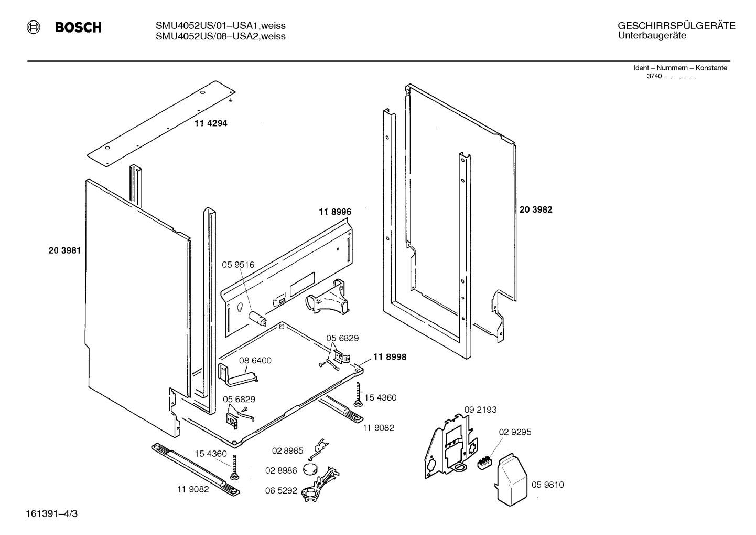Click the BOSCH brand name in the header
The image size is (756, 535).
[x=78, y=28]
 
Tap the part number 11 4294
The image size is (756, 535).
[x=211, y=123]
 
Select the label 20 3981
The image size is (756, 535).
[x=64, y=251]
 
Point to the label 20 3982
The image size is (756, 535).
[x=536, y=209]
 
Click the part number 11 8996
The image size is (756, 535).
[x=334, y=212]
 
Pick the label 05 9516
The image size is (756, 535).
[x=237, y=265]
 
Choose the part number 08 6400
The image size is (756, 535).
[x=255, y=361]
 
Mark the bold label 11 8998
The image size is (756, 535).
[x=390, y=357]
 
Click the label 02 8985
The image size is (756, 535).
[x=287, y=451]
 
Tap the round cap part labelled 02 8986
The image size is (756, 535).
[x=311, y=469]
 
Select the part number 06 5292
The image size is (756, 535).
[x=281, y=490]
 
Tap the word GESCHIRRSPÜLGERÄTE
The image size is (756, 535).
[x=676, y=26]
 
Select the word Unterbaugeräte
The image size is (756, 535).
[x=652, y=36]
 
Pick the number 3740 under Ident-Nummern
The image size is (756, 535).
[x=654, y=76]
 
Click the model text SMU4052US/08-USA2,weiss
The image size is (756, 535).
[x=220, y=36]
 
